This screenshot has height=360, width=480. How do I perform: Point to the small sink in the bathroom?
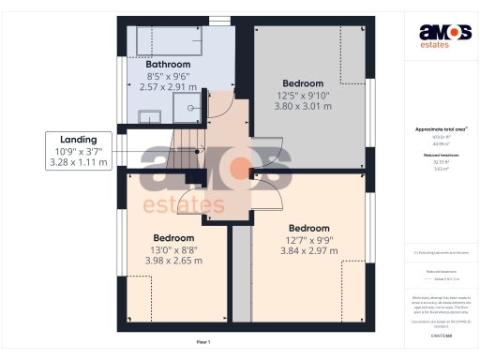click(149, 116)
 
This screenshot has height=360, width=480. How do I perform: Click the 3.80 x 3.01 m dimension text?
click(303, 106)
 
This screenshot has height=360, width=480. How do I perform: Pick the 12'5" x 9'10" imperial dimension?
click(303, 95)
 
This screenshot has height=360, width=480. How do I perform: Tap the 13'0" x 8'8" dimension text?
click(173, 249)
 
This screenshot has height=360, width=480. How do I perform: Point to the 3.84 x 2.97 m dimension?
click(308, 251)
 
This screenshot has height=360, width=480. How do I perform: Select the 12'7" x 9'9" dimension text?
click(308, 240)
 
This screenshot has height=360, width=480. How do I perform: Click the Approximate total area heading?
click(436, 128)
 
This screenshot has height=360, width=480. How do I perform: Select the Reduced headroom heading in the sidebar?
click(436, 155)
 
